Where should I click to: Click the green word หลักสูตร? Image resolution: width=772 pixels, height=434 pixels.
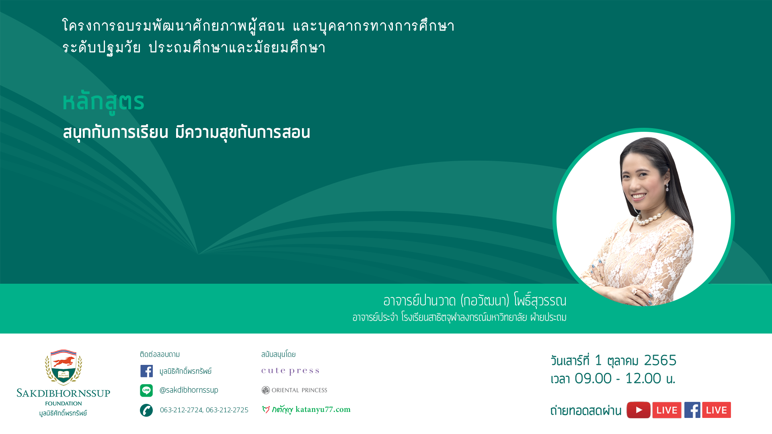tap(103, 102)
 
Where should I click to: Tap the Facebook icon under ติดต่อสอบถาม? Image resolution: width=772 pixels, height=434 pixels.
tap(146, 371)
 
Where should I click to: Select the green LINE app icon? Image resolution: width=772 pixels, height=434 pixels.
tap(146, 390)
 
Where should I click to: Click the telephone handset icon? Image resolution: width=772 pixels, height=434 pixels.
tap(146, 410)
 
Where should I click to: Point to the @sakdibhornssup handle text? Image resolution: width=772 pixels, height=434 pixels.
tap(189, 390)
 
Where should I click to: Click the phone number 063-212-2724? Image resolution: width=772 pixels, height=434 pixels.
tap(181, 410)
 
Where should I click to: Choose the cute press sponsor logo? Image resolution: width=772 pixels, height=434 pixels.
tap(290, 371)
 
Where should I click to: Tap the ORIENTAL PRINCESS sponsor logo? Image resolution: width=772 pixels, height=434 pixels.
tap(294, 390)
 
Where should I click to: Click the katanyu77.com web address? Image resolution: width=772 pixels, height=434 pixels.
tap(323, 409)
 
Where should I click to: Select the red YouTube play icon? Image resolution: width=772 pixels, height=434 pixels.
tap(639, 410)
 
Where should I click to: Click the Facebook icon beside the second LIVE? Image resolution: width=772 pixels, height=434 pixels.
tap(692, 410)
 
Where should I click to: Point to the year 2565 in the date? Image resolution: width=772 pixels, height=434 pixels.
tap(660, 360)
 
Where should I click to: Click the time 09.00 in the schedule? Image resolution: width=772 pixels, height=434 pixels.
tap(593, 379)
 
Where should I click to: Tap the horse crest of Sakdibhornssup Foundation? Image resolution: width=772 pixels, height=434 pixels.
tap(64, 367)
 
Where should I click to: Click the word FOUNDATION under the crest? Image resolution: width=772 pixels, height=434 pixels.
tap(64, 403)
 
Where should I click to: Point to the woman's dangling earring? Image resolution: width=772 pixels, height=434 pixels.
tap(667, 187)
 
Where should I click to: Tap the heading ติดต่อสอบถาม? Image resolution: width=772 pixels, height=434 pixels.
tap(160, 354)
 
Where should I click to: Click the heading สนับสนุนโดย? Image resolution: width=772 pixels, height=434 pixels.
tap(278, 354)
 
